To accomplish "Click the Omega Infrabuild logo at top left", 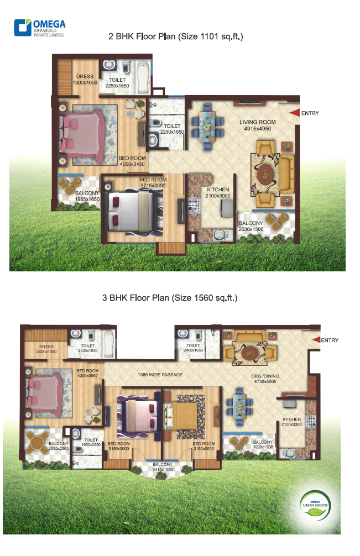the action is click(x=39, y=28).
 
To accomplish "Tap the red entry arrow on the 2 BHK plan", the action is click(x=294, y=113).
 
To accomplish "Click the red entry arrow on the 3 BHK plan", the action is click(x=316, y=340).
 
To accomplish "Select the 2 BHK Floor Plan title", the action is click(x=175, y=36).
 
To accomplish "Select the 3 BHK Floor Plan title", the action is click(x=170, y=298).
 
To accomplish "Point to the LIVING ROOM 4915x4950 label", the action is click(x=258, y=125).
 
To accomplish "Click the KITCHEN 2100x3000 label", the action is click(x=218, y=192).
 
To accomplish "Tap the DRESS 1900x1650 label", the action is click(x=85, y=80).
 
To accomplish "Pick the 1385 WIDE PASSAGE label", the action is click(x=160, y=375).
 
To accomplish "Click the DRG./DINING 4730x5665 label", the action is click(x=265, y=379).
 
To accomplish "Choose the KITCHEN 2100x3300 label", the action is click(x=291, y=422).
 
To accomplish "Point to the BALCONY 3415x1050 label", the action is click(x=163, y=467).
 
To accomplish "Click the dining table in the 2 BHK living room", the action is click(x=207, y=127).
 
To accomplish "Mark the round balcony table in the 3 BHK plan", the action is click(x=36, y=442).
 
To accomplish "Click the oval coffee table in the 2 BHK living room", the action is click(x=264, y=174).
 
